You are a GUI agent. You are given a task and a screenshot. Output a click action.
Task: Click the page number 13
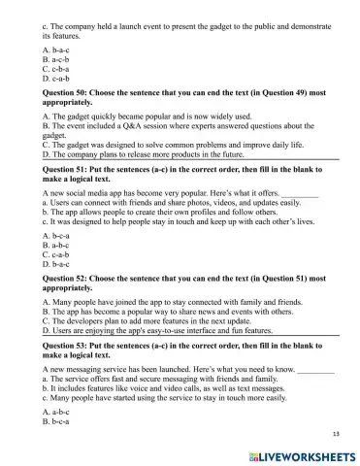click(x=336, y=434)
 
